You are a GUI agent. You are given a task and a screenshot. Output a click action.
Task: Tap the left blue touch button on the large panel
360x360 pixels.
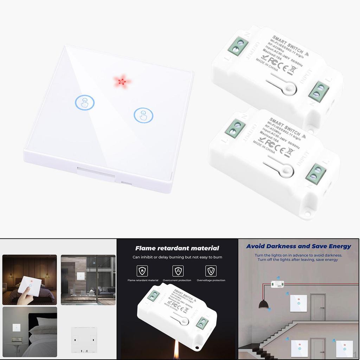coord(85,103)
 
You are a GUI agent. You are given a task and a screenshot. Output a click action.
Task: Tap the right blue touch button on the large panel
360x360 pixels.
coord(143,115)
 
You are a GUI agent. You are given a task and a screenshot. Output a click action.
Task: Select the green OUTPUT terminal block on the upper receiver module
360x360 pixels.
coord(238,46)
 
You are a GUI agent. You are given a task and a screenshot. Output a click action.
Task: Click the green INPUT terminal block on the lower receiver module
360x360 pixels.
coord(315,173)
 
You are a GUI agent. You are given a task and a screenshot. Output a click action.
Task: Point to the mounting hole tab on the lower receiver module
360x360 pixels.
coord(308,213)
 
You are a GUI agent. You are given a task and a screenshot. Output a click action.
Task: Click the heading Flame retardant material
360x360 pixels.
coord(177,248)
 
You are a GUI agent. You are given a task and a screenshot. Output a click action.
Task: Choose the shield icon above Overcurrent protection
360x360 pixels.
coord(178,271)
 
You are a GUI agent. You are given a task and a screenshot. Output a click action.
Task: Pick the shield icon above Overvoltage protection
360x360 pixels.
coord(211,271)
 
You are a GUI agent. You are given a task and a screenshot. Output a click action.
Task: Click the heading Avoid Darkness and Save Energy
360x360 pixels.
coord(298,246)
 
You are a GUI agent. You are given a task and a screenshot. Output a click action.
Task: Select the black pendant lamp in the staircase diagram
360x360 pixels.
coord(264,304)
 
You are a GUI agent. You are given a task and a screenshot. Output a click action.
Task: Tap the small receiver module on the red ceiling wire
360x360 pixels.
coord(277,284)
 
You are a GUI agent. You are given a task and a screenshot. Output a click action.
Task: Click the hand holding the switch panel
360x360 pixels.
coord(24,297)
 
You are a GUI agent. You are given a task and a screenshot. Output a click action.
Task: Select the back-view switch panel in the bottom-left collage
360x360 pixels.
coord(84,339)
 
